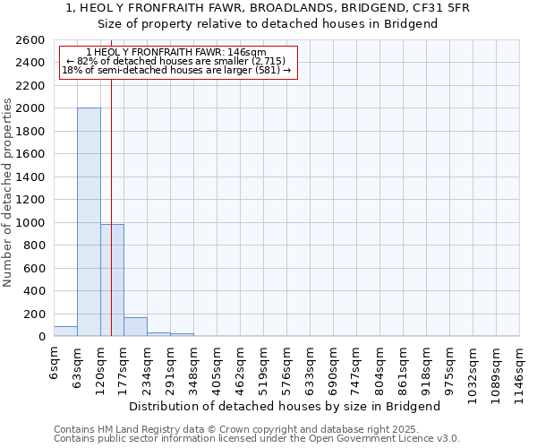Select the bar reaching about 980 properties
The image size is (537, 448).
pyautogui.click(x=112, y=280)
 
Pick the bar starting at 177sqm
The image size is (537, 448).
pyautogui.click(x=135, y=327)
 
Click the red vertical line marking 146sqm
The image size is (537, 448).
pyautogui.click(x=111, y=206)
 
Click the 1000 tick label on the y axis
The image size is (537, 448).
pyautogui.click(x=30, y=223)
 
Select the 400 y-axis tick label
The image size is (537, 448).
pyautogui.click(x=34, y=291)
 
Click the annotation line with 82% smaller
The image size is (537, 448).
pyautogui.click(x=175, y=61)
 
